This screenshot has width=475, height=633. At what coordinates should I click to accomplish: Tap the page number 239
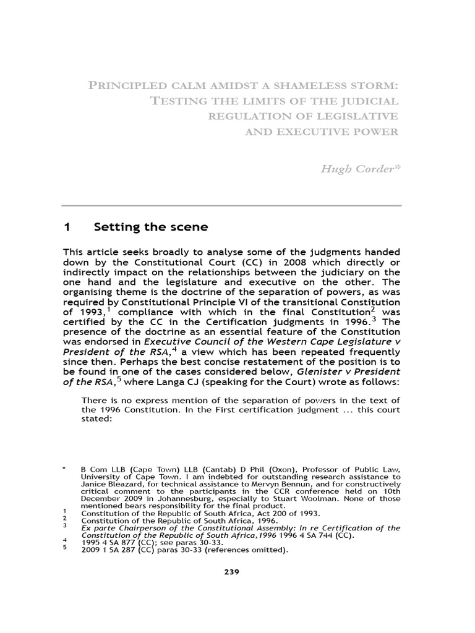point(231,572)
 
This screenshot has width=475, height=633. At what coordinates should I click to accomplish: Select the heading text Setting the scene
point(150,227)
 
